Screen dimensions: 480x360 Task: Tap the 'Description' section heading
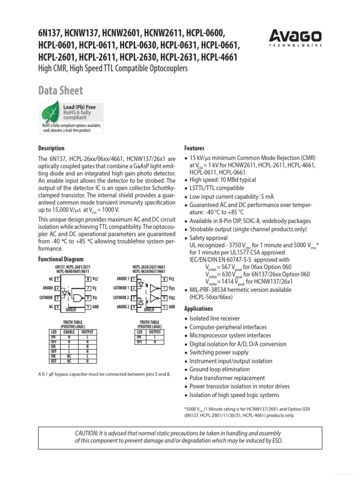pyautogui.click(x=51, y=148)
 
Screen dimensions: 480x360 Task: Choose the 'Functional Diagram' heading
pyautogui.click(x=60, y=259)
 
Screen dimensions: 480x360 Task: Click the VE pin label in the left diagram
pyautogui.click(x=95, y=288)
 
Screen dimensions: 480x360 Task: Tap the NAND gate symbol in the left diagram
pyautogui.click(x=75, y=298)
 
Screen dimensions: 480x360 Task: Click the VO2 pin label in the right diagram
pyautogui.click(x=172, y=297)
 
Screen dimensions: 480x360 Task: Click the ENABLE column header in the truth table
pyautogui.click(x=69, y=332)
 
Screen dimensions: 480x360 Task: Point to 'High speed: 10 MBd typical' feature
pyautogui.click(x=223, y=180)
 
